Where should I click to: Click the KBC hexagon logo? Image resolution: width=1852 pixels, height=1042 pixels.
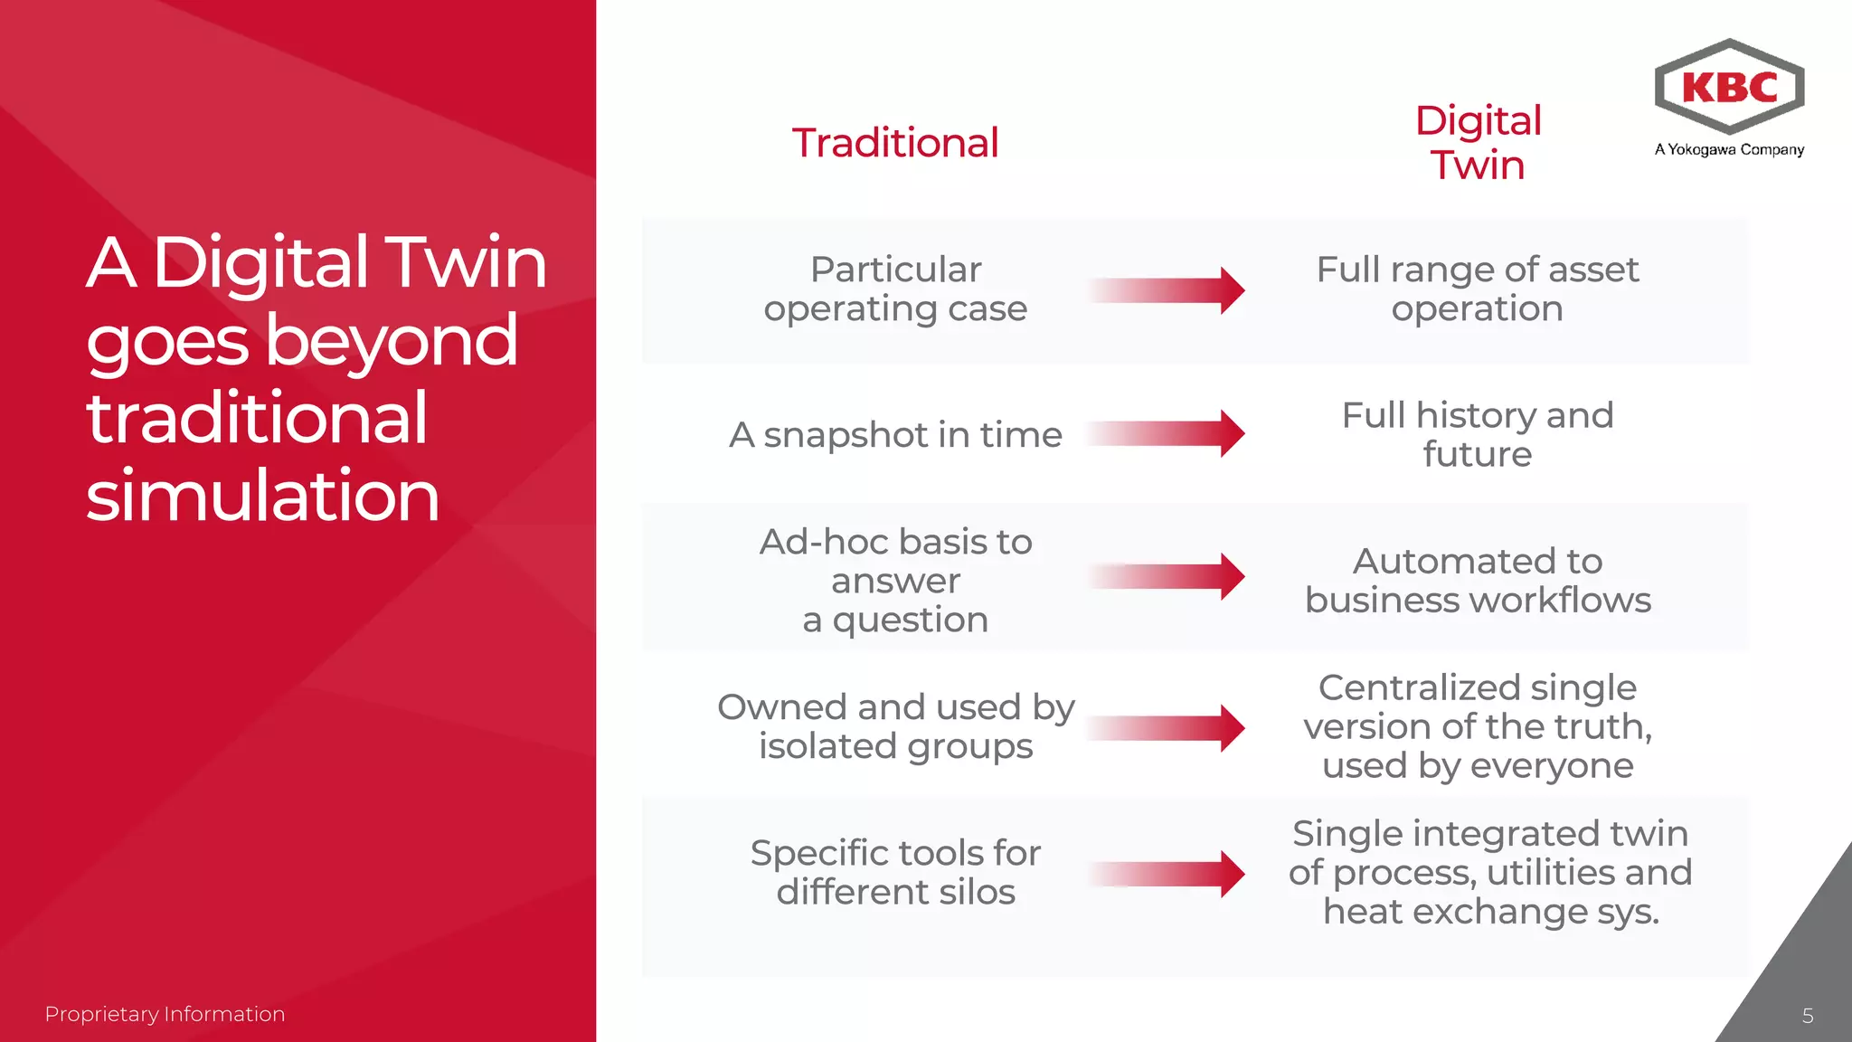[x=1729, y=87]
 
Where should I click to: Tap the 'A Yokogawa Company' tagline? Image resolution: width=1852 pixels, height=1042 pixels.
[x=1729, y=149]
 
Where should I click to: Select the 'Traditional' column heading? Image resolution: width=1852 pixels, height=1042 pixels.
[x=895, y=143]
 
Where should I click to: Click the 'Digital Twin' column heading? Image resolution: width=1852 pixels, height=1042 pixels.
[x=1478, y=143]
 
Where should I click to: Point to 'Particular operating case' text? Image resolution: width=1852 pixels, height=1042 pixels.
[x=895, y=289]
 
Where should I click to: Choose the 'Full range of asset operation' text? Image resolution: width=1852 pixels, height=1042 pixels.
[x=1478, y=289]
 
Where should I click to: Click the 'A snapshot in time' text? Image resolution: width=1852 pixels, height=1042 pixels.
[x=895, y=435]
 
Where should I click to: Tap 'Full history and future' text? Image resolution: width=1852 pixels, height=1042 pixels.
[x=1478, y=434]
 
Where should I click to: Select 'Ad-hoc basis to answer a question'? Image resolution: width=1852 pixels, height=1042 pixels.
[x=895, y=580]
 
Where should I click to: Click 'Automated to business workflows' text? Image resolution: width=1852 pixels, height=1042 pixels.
[x=1478, y=580]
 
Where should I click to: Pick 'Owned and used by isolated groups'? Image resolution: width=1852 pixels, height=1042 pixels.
[x=895, y=726]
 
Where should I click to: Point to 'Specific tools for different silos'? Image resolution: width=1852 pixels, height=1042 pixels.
[x=895, y=872]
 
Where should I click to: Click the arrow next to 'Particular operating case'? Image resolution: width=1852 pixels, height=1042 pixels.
[x=1167, y=290]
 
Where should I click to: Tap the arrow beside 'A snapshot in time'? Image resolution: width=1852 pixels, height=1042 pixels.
[x=1167, y=433]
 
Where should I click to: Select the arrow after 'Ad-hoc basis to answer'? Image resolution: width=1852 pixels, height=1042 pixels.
[x=1167, y=576]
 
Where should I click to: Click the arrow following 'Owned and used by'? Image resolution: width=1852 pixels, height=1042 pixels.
[x=1167, y=728]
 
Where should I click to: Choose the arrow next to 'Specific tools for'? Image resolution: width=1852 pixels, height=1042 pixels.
[x=1167, y=874]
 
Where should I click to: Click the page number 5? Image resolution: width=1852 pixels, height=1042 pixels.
[x=1807, y=1016]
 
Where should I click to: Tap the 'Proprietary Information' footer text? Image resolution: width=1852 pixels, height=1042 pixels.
[x=165, y=1014]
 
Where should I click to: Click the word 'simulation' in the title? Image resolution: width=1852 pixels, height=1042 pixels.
[x=262, y=496]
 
